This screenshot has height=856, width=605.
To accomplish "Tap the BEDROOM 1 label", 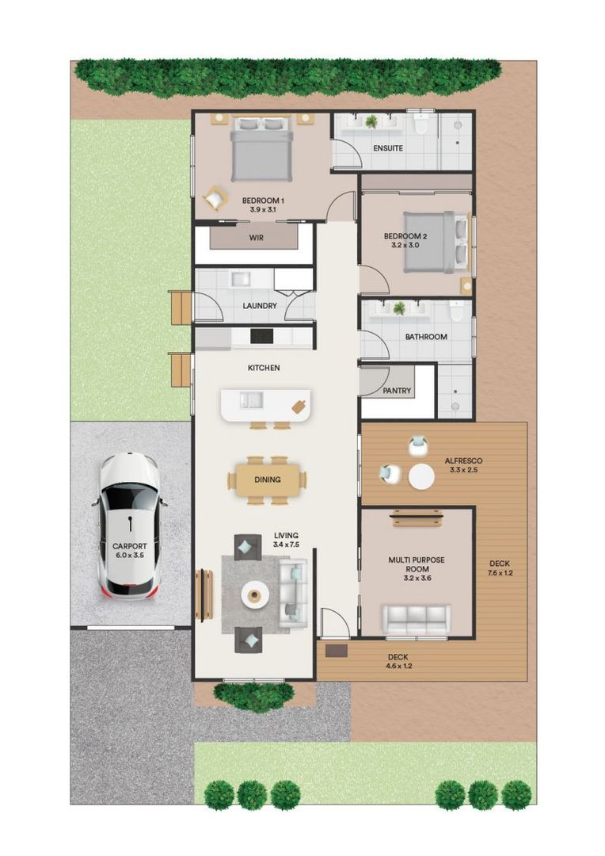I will pos(263,200).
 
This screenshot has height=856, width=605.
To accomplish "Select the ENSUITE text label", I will pos(387,148).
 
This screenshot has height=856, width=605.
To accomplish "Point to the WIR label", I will pos(256,237).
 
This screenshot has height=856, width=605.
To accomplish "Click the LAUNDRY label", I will pos(259,305).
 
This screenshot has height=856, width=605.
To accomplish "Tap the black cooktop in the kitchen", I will pos(262,336).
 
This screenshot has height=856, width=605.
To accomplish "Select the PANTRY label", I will pos(396,391).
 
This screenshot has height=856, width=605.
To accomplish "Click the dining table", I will pos(267,480).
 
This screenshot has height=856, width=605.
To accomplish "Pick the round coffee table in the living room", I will pos(256,594).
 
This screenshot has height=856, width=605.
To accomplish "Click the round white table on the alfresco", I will pos(420,476).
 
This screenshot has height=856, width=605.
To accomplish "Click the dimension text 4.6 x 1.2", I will pos(398,666).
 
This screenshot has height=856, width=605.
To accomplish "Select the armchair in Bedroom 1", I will pos(215,197).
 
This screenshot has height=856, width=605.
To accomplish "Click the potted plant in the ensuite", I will pos(371,121).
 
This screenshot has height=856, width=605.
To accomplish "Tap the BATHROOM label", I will pos(426,337).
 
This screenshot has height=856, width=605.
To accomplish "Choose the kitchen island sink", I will pos(253,400).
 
